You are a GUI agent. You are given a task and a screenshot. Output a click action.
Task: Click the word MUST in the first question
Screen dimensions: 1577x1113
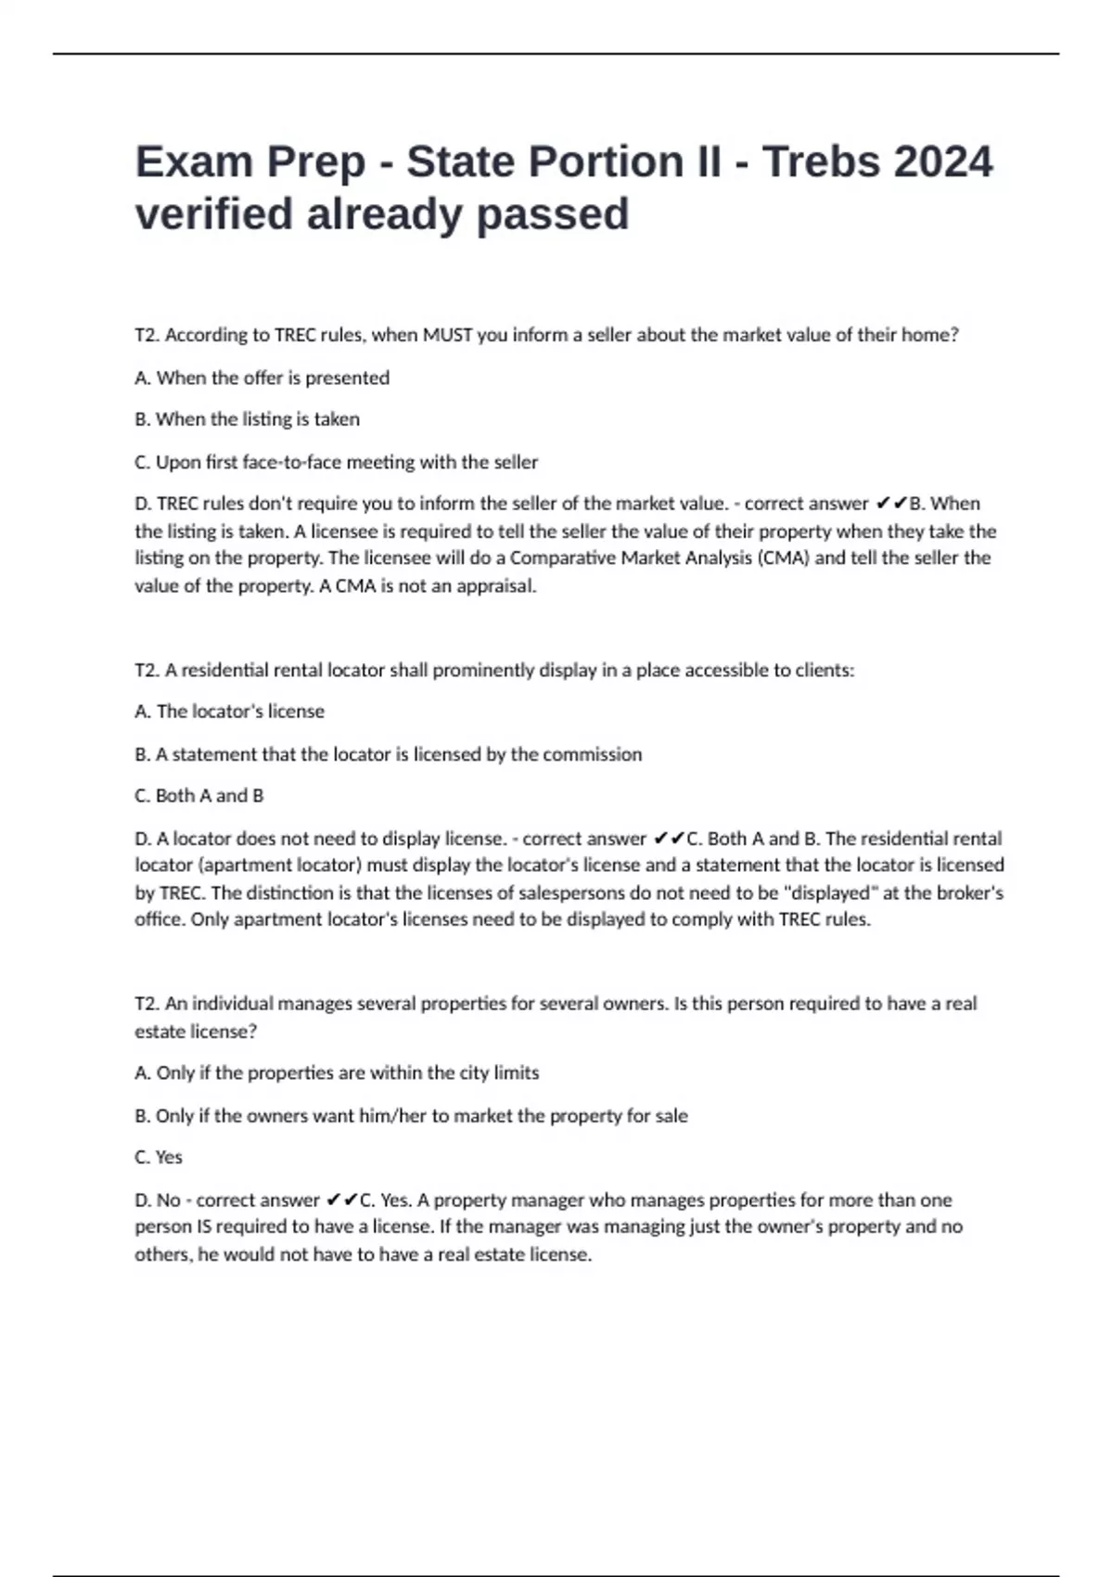(x=448, y=335)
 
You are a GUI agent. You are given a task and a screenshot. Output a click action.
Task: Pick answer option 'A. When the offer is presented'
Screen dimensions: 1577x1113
(x=262, y=378)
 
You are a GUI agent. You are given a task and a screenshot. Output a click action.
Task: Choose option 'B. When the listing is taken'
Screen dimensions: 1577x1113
(x=247, y=419)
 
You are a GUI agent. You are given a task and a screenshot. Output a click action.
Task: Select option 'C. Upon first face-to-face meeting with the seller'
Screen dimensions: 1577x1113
(x=336, y=462)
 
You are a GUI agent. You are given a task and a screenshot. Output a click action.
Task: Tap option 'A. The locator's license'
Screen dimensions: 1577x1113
(x=229, y=712)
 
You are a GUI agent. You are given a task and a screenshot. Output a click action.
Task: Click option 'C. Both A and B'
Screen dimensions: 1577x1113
(x=198, y=796)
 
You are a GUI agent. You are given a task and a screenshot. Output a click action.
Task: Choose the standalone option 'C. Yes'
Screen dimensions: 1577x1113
(x=159, y=1157)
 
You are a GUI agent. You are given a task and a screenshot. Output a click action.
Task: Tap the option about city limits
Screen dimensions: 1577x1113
(x=337, y=1073)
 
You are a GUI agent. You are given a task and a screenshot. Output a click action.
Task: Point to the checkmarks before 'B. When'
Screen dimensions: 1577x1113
(x=891, y=504)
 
